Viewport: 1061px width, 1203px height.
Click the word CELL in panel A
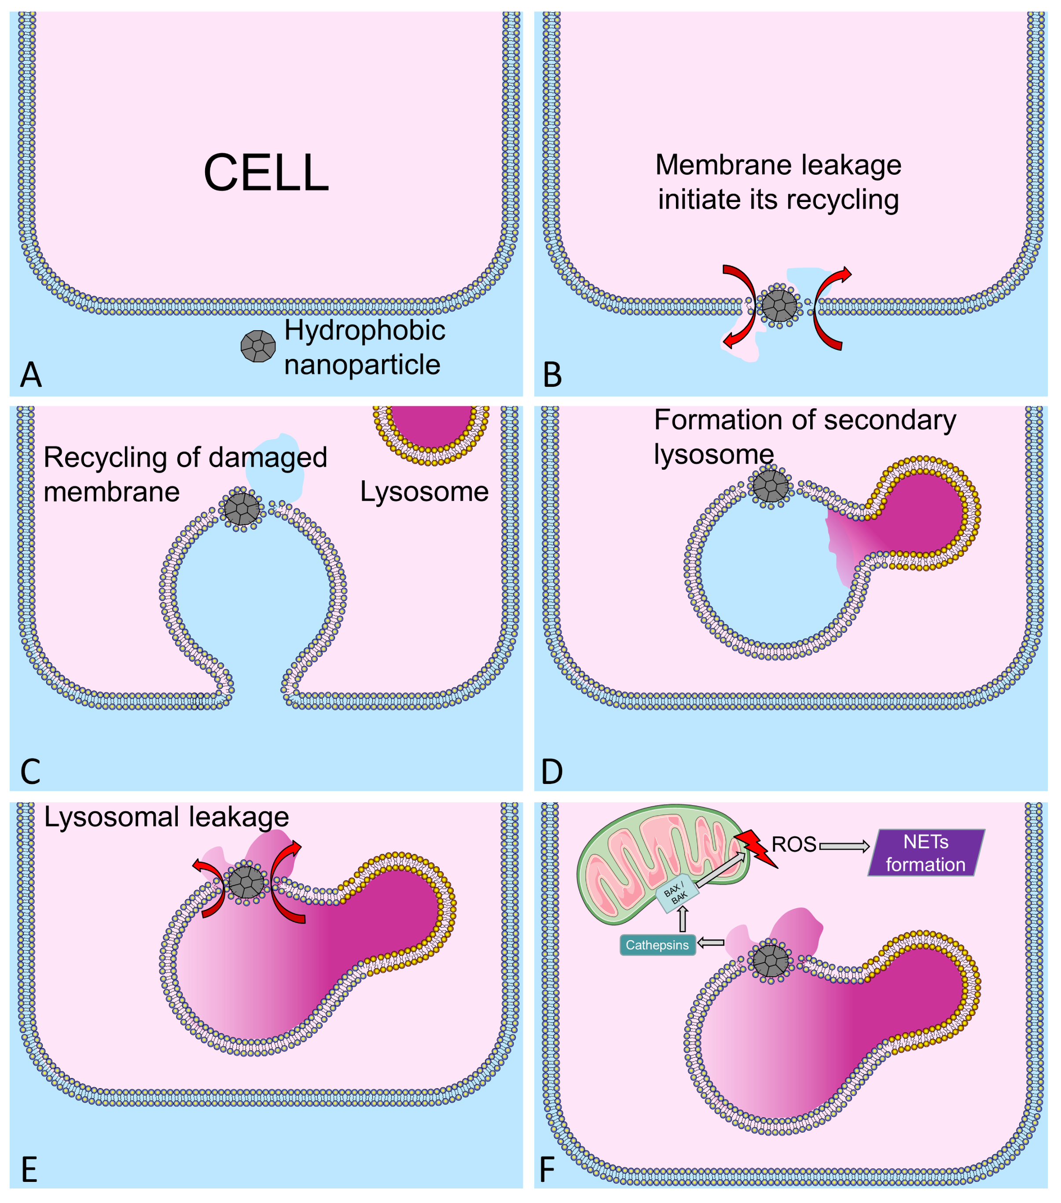click(x=266, y=173)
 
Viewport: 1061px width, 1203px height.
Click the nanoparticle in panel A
click(x=258, y=346)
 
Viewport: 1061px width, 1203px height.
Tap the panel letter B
click(x=552, y=375)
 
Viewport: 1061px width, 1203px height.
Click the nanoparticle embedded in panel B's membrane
click(x=779, y=306)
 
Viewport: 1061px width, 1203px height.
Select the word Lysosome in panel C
click(x=424, y=491)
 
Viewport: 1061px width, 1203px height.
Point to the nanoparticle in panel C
click(x=241, y=508)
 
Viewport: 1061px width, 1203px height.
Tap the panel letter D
click(x=552, y=772)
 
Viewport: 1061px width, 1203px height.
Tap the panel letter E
click(x=29, y=1170)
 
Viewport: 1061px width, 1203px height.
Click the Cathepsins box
click(x=657, y=945)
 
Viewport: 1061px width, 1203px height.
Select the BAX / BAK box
click(x=677, y=894)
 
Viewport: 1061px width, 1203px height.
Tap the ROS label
click(x=794, y=845)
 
